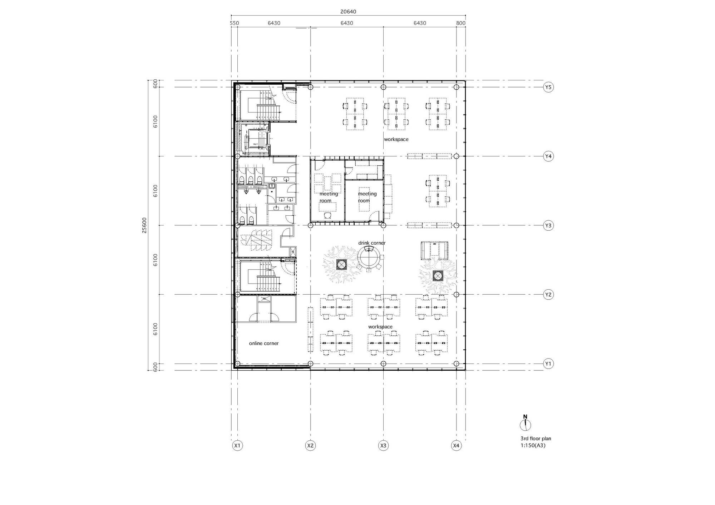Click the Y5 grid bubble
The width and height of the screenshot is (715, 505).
point(548,87)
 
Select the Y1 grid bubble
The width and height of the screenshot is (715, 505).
point(548,364)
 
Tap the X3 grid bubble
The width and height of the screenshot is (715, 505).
point(383,446)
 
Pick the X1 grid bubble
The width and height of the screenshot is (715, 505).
point(237,446)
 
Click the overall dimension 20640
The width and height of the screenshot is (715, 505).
point(348,11)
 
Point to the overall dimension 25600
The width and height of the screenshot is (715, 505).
point(144,225)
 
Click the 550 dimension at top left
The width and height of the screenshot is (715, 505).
point(234,23)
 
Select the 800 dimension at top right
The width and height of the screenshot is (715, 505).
point(461,23)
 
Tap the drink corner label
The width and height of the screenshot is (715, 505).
point(372,243)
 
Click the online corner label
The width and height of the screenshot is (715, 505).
point(264,343)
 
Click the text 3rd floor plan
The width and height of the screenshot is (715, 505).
point(536,439)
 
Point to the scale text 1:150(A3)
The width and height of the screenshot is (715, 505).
point(533,445)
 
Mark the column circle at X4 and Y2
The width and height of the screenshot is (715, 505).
point(456,295)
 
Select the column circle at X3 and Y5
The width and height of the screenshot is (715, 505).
point(383,87)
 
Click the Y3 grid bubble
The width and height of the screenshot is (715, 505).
point(548,225)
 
